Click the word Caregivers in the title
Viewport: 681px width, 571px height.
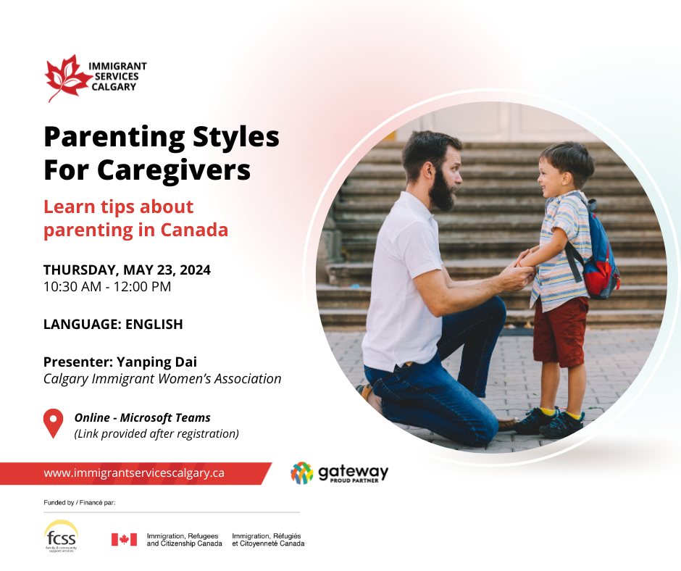pos(174,170)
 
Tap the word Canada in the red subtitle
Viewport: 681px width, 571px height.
pos(194,230)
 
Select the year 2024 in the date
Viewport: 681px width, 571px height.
pos(195,270)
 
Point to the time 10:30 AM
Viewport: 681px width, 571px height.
pos(72,287)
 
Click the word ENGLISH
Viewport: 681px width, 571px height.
pos(154,324)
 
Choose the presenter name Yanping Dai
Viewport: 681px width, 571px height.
pos(156,362)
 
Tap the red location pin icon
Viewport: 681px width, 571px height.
pos(54,423)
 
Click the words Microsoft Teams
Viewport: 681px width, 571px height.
pos(165,418)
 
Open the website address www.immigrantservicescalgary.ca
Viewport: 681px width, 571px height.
pos(134,472)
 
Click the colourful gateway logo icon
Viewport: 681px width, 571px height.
pos(302,472)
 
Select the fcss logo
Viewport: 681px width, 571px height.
pos(61,535)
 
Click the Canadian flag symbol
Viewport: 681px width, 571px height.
pos(124,539)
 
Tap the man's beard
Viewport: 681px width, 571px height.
pos(442,191)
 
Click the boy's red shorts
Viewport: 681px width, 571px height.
pos(560,330)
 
